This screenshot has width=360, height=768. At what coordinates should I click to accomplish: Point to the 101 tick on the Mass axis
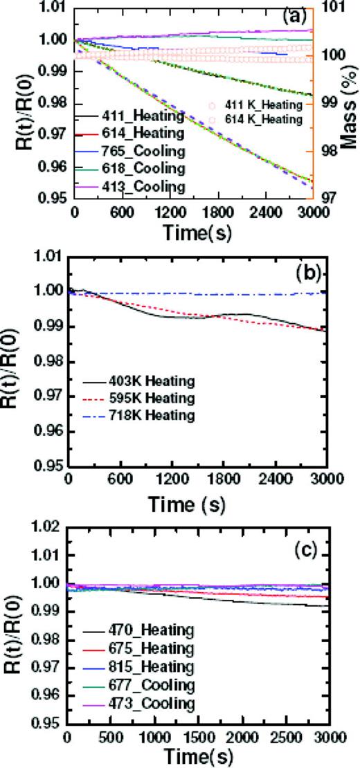point(334,8)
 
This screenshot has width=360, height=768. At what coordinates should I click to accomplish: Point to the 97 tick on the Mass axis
point(333,197)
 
